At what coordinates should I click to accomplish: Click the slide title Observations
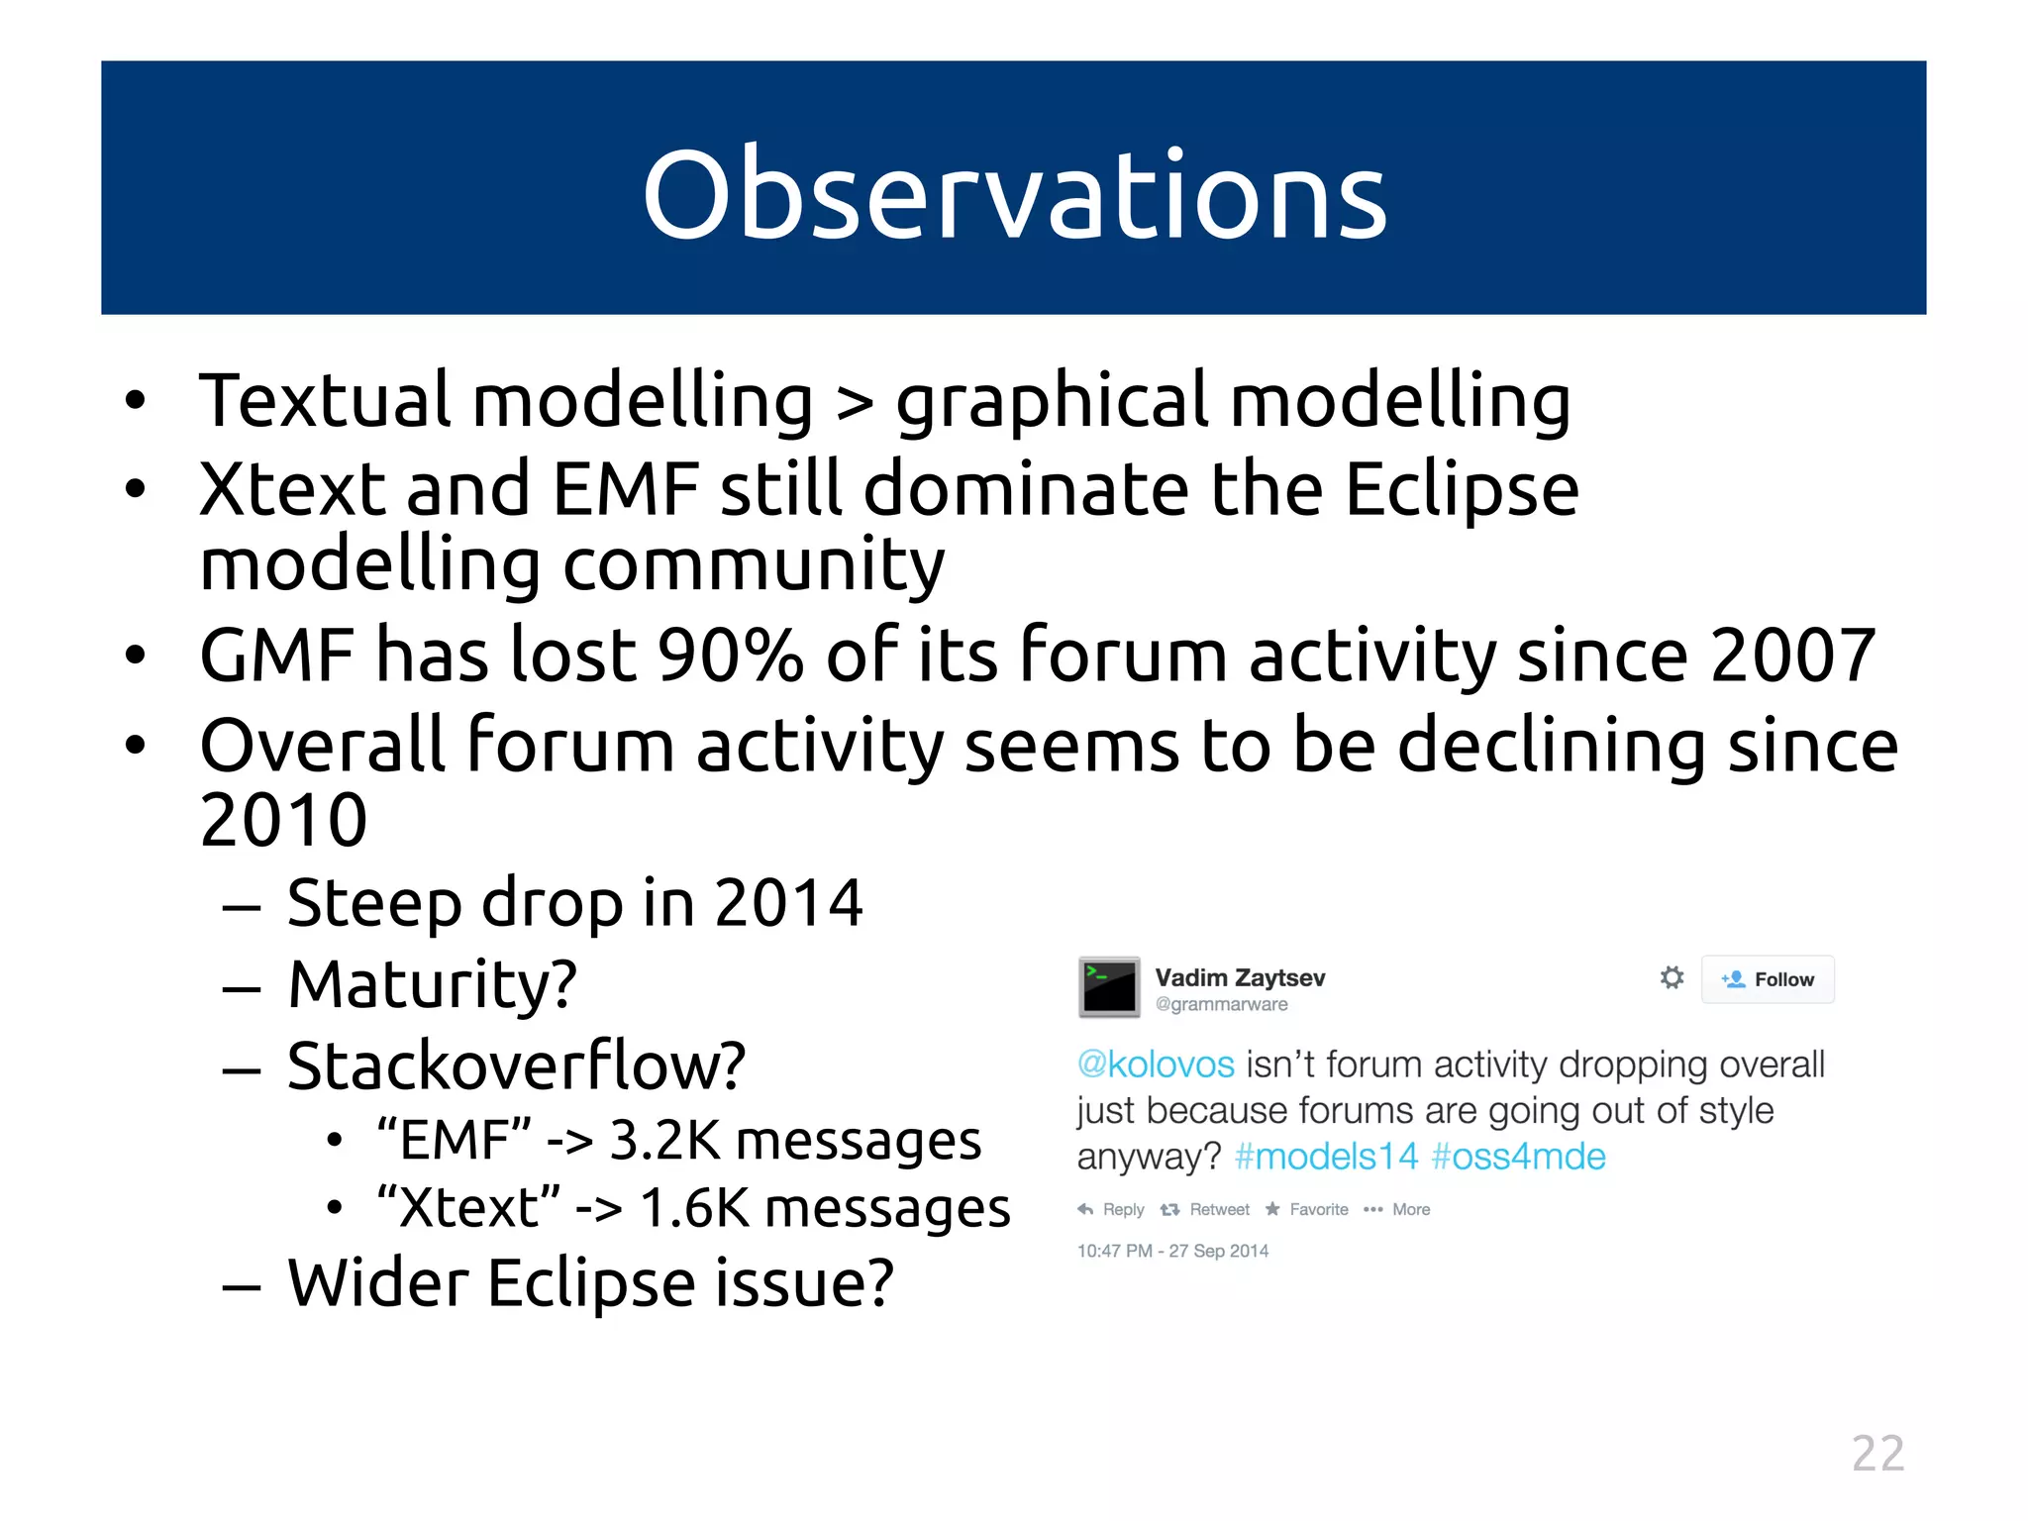pyautogui.click(x=1014, y=194)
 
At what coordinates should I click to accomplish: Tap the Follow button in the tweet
pyautogui.click(x=1768, y=979)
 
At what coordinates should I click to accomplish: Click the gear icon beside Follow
pyautogui.click(x=1672, y=978)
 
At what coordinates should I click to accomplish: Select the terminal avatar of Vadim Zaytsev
pyautogui.click(x=1109, y=987)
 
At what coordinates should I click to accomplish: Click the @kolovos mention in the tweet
pyautogui.click(x=1156, y=1065)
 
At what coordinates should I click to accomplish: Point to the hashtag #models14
pyautogui.click(x=1326, y=1157)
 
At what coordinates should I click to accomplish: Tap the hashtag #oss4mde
pyautogui.click(x=1518, y=1157)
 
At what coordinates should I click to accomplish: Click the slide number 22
pyautogui.click(x=1877, y=1454)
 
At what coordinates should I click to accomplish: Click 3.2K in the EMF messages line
pyautogui.click(x=663, y=1140)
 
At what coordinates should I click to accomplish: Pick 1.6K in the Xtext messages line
pyautogui.click(x=694, y=1208)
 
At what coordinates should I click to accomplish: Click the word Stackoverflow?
pyautogui.click(x=516, y=1066)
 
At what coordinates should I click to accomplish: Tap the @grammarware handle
pyautogui.click(x=1221, y=1004)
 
